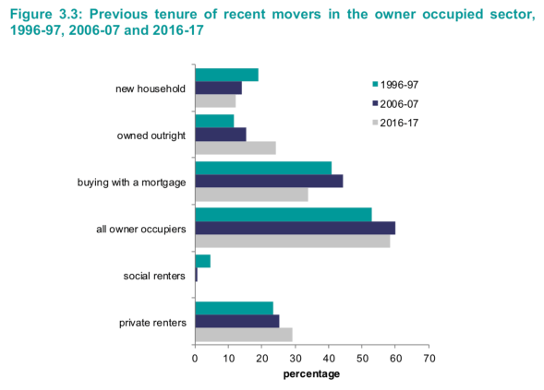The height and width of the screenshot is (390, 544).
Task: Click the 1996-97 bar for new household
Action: (x=226, y=75)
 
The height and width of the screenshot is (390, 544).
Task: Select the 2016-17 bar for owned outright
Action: (x=236, y=148)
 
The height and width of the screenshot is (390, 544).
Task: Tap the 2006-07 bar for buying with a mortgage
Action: (x=269, y=181)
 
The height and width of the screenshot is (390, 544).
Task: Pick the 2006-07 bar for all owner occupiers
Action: (x=295, y=228)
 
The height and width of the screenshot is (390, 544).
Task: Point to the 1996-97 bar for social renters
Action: (x=202, y=261)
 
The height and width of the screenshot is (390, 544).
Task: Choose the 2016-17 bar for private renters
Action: (x=243, y=335)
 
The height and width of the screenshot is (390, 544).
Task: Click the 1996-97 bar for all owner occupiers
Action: (x=283, y=214)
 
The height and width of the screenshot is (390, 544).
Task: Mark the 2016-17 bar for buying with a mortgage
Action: (x=251, y=195)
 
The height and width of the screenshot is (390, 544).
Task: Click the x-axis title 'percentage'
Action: (x=311, y=373)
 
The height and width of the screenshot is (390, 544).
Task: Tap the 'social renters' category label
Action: (x=154, y=276)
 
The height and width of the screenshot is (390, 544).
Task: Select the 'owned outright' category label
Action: (x=151, y=136)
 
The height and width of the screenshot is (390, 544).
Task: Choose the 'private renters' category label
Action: (x=153, y=322)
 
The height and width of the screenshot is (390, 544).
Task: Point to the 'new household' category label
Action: (x=151, y=89)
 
